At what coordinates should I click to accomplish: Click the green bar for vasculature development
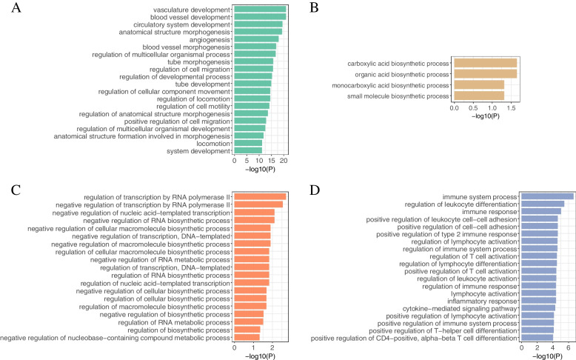[260, 9]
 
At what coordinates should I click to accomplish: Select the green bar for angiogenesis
[256, 39]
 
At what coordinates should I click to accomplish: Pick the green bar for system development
[248, 151]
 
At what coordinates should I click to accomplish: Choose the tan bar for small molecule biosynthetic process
[478, 96]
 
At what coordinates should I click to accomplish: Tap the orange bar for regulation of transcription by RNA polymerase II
[260, 196]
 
